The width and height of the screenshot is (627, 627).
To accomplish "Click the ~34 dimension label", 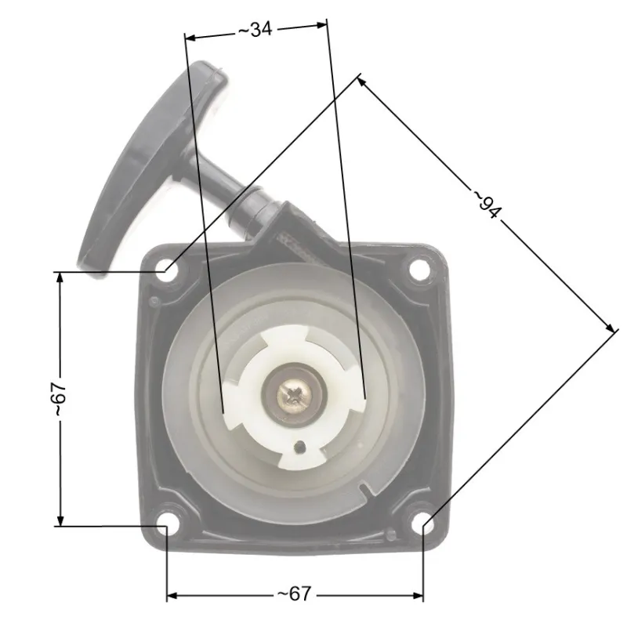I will pos(255,30).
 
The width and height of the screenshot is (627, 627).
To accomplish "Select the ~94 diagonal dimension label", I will pos(487,203).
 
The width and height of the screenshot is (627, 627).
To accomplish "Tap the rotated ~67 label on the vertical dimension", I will pos(57,399).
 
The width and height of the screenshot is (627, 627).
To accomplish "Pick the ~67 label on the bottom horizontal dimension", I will pos(294,595).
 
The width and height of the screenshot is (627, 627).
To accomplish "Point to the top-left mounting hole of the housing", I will pos(166,269).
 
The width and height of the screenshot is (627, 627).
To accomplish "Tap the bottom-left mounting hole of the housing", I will pos(166,525).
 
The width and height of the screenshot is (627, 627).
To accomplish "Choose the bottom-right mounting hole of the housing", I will pos(423,525).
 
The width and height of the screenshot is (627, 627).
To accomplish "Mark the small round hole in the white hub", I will pos(299,448).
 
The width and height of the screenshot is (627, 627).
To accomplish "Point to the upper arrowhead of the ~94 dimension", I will pos(364,80).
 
